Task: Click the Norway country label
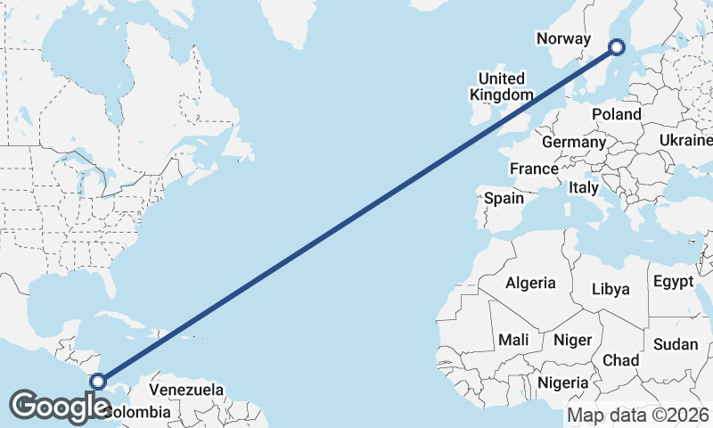click(x=563, y=38)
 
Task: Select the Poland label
click(x=616, y=115)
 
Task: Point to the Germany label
click(x=573, y=143)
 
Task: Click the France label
click(x=534, y=169)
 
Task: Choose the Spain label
click(x=504, y=198)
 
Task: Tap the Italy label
click(x=584, y=188)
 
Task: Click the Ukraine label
click(x=686, y=140)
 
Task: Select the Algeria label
click(x=530, y=284)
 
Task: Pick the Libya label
click(x=611, y=289)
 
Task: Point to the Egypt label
click(x=673, y=283)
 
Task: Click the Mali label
click(x=513, y=340)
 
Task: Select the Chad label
click(x=620, y=360)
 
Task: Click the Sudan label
click(x=675, y=344)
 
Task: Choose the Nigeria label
click(x=563, y=383)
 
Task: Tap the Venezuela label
click(x=186, y=390)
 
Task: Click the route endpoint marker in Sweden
click(x=617, y=46)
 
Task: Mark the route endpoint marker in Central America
click(x=98, y=381)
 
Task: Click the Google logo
click(x=60, y=406)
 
